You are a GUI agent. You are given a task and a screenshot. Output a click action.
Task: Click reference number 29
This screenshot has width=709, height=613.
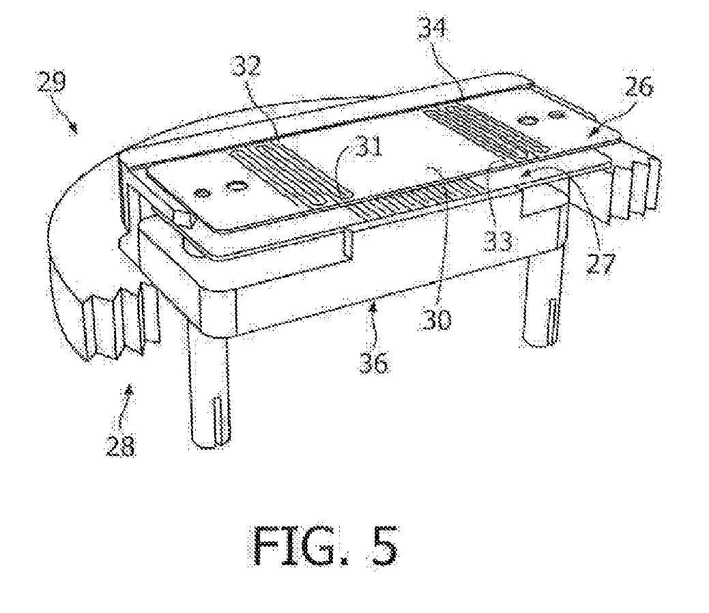[x=51, y=81]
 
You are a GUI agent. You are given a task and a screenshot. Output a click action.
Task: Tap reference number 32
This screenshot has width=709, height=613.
[x=246, y=66]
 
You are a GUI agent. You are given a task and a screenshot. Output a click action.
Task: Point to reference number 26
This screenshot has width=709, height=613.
[x=638, y=87]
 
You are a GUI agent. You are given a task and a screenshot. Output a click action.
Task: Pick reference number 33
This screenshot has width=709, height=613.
[x=498, y=241]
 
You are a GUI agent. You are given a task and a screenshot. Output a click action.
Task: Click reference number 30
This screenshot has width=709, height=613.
[x=437, y=319]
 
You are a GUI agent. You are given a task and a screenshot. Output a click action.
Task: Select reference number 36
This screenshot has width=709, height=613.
[x=374, y=363]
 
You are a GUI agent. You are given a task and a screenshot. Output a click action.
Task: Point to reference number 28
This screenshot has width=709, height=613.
[x=120, y=446]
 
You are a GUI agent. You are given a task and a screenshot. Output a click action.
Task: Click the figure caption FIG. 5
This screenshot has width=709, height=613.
[x=325, y=547]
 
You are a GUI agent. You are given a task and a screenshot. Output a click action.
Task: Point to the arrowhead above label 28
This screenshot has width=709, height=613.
[x=130, y=388]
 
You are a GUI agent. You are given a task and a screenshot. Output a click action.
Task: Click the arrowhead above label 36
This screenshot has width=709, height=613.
[x=373, y=309]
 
